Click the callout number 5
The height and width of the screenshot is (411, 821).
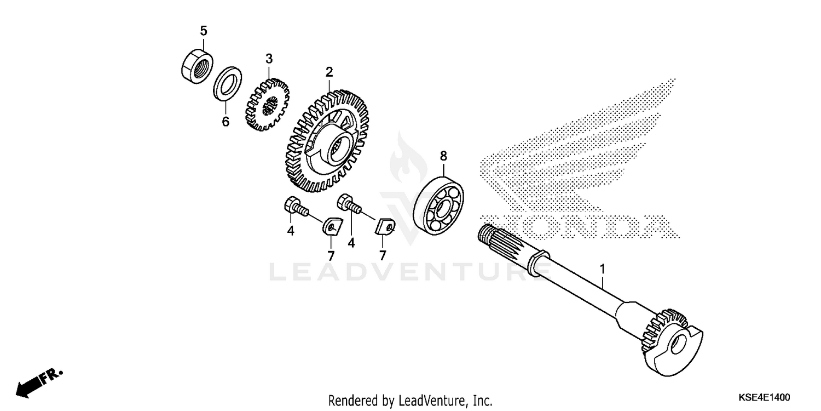pyautogui.click(x=204, y=31)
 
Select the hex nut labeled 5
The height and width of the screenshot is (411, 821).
pyautogui.click(x=197, y=66)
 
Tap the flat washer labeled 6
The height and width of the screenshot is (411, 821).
pyautogui.click(x=227, y=84)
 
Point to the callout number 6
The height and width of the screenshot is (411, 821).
pyautogui.click(x=226, y=121)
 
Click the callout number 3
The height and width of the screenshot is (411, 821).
pyautogui.click(x=269, y=59)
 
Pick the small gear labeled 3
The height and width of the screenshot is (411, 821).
pyautogui.click(x=267, y=105)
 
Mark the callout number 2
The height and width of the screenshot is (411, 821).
pyautogui.click(x=329, y=72)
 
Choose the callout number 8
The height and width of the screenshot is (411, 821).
pyautogui.click(x=443, y=156)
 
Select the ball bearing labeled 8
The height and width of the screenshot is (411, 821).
pyautogui.click(x=438, y=206)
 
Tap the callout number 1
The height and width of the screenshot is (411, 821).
pyautogui.click(x=602, y=270)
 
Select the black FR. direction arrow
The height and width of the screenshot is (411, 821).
pyautogui.click(x=39, y=384)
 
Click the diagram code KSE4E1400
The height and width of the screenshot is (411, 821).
pyautogui.click(x=764, y=397)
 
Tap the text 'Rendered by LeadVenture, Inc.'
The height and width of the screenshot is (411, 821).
pyautogui.click(x=410, y=401)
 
